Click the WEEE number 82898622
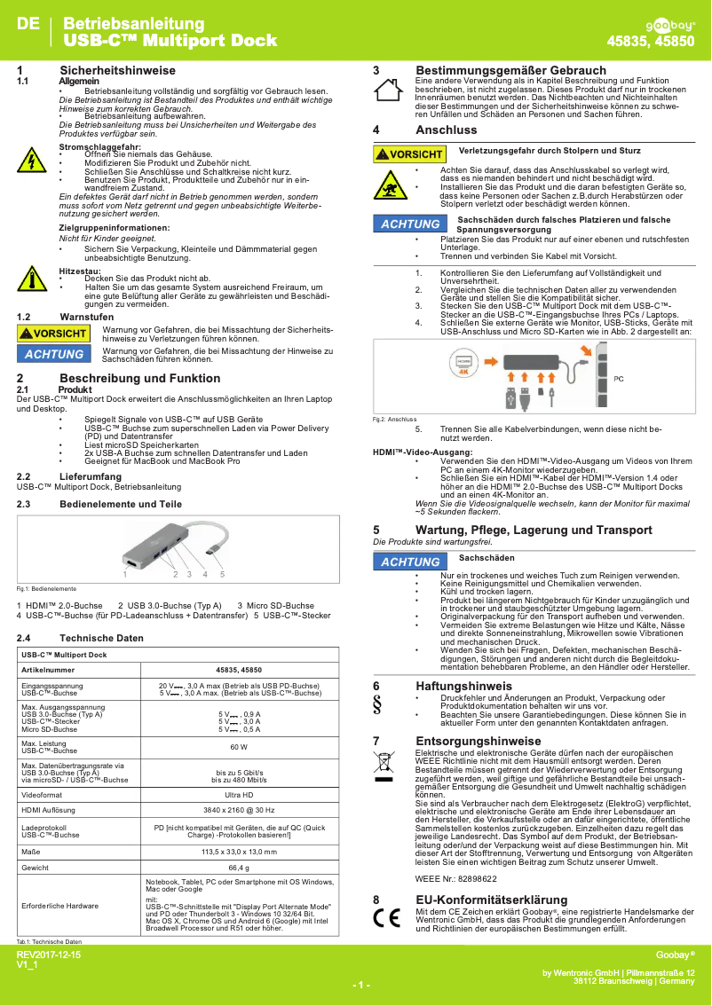471,878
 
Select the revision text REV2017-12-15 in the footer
49,955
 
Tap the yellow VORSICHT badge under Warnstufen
54,334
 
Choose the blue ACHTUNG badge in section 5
410,562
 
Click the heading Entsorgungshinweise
478,741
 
